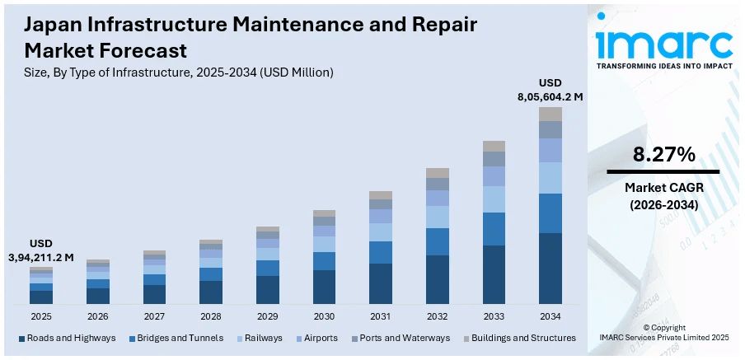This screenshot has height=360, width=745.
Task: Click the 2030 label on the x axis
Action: point(324,316)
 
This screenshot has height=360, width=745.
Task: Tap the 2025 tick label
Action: point(41,316)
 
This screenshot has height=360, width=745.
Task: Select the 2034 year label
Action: point(550,316)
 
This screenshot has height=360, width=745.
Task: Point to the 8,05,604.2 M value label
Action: point(550,96)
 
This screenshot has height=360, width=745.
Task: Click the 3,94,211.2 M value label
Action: point(40,257)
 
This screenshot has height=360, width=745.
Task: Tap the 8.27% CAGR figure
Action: point(663,154)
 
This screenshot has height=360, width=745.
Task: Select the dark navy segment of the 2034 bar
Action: point(550,269)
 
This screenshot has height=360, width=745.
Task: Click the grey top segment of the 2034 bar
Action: point(550,114)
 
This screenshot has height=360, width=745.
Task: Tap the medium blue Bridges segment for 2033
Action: point(494,228)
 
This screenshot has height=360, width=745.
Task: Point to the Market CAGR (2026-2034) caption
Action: point(663,196)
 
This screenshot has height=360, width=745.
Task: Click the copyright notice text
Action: point(663,332)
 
